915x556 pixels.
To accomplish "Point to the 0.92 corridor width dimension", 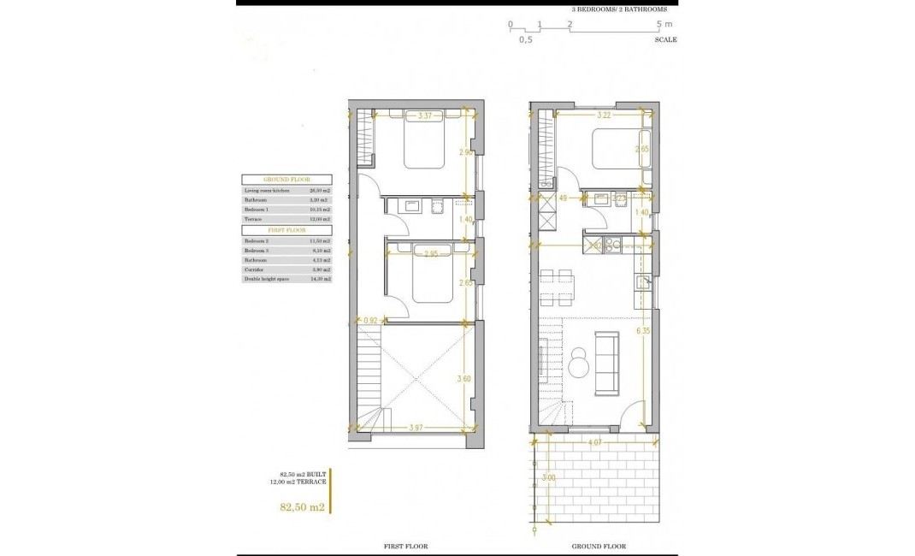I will [x=370, y=321].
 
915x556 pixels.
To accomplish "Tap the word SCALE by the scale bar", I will [x=666, y=39].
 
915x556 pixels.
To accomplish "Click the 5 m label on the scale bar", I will [x=664, y=24].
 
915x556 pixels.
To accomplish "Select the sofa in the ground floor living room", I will [x=608, y=365].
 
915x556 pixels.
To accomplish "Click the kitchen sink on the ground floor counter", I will [x=646, y=282].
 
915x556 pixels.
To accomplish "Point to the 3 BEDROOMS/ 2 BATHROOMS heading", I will [x=620, y=9].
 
